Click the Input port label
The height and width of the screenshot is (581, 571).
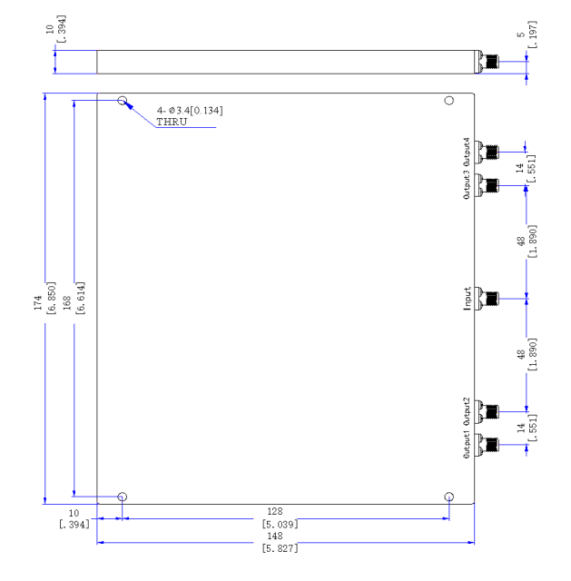pyautogui.click(x=468, y=299)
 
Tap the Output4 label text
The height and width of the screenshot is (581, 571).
pyautogui.click(x=467, y=152)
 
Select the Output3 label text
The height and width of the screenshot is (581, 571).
pyautogui.click(x=467, y=185)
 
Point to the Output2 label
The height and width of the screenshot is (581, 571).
pyautogui.click(x=467, y=411)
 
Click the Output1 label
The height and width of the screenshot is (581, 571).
pyautogui.click(x=467, y=444)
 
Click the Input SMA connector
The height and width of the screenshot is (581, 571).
pyautogui.click(x=487, y=299)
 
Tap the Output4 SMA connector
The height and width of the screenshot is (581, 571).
pyautogui.click(x=487, y=152)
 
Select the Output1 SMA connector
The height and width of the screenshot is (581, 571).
pyautogui.click(x=487, y=445)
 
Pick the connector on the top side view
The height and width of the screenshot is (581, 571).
pyautogui.click(x=487, y=62)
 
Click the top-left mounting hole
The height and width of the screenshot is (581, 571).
pyautogui.click(x=123, y=101)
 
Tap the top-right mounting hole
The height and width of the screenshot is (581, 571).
pyautogui.click(x=449, y=101)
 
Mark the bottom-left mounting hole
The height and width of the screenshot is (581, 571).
pyautogui.click(x=123, y=497)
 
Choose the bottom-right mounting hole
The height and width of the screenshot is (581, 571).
pyautogui.click(x=449, y=497)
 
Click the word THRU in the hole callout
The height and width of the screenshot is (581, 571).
pyautogui.click(x=172, y=122)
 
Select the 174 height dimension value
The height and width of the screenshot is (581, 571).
pyautogui.click(x=38, y=302)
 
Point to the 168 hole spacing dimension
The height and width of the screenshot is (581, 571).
pyautogui.click(x=66, y=302)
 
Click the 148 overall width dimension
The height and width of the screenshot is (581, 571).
pyautogui.click(x=275, y=536)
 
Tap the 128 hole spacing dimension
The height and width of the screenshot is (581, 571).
pyautogui.click(x=275, y=511)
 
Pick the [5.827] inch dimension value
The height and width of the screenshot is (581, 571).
pyautogui.click(x=280, y=548)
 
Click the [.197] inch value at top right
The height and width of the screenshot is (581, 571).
pyautogui.click(x=532, y=34)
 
